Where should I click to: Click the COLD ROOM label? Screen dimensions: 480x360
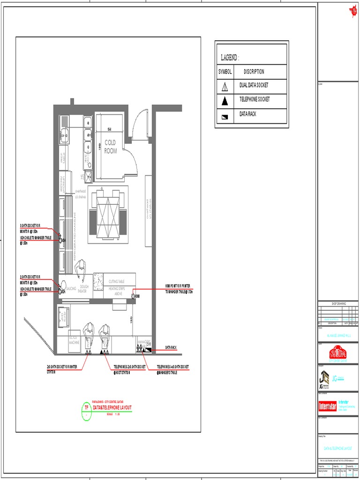point(111,146)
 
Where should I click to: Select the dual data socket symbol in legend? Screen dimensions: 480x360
point(225,86)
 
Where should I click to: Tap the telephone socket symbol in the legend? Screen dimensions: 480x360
point(225,100)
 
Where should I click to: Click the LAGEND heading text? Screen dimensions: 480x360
point(230,58)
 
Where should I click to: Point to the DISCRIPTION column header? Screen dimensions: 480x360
point(254,72)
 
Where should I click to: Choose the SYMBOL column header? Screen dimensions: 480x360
point(225,72)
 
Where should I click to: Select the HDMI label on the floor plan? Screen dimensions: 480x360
point(137,296)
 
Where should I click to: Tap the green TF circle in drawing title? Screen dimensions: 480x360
point(86,408)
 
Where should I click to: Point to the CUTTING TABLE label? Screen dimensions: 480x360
point(116,281)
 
